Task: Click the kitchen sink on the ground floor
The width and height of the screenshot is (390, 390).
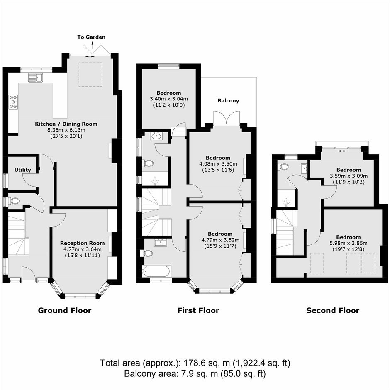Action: (36, 78)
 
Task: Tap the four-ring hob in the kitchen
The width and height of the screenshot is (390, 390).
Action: (13, 102)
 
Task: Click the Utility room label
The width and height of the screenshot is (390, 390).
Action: (23, 170)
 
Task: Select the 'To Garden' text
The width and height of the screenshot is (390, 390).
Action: (91, 37)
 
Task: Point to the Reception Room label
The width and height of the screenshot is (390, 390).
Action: (82, 243)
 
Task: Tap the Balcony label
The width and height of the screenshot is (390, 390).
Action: (228, 101)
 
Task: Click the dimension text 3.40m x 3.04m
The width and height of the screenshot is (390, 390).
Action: (169, 99)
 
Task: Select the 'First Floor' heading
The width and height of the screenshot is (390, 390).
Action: (198, 310)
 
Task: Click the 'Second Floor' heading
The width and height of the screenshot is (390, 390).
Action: (333, 310)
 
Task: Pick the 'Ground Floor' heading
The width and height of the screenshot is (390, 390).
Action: (65, 310)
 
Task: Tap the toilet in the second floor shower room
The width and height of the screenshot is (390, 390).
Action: (283, 166)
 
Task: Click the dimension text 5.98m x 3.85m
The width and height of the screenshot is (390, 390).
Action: (348, 243)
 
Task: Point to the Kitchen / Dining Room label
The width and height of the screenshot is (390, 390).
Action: (66, 124)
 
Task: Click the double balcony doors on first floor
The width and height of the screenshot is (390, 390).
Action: (227, 118)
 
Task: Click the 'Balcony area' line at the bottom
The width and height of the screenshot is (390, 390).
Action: (195, 373)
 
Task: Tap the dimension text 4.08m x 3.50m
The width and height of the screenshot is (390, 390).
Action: (218, 164)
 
